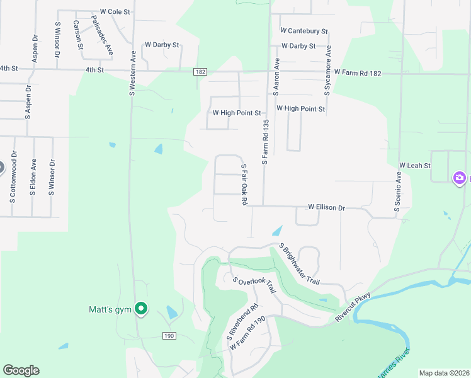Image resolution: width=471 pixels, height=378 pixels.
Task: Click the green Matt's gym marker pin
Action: [x=142, y=309]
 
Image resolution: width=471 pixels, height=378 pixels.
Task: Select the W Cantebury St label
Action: [x=304, y=30]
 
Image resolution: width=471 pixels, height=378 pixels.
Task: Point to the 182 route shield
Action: [x=200, y=72]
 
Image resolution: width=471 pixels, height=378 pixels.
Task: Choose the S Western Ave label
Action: [x=133, y=72]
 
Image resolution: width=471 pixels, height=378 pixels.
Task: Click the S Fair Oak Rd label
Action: [x=244, y=184]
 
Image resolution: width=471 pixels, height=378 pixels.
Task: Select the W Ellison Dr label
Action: [x=326, y=207]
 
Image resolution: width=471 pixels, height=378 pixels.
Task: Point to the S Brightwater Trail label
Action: [x=300, y=264]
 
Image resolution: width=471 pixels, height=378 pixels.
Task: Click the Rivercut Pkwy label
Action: [x=353, y=307]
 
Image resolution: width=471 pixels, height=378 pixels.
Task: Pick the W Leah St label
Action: [x=414, y=165]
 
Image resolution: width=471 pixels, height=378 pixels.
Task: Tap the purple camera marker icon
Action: [x=459, y=178]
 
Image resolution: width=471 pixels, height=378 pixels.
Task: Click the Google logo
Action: [x=21, y=370]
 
